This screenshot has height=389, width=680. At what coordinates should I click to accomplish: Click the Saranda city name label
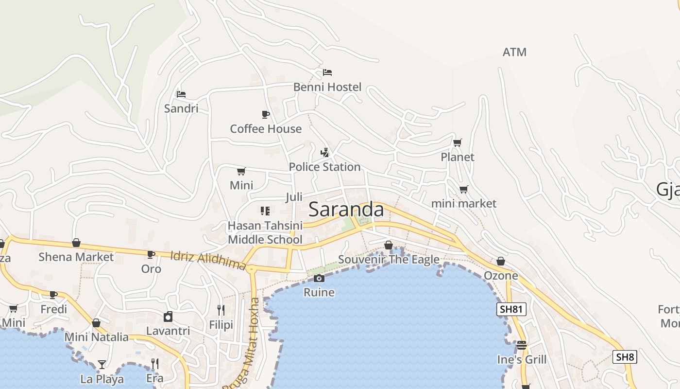click(346, 210)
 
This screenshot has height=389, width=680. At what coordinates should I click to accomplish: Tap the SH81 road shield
click(511, 309)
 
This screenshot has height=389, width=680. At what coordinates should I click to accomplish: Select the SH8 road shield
click(624, 357)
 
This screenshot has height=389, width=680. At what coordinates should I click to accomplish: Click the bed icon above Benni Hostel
click(327, 72)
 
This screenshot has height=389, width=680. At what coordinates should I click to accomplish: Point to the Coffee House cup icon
click(265, 114)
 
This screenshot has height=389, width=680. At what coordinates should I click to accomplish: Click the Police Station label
click(324, 167)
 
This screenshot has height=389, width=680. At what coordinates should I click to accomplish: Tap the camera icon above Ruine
click(319, 278)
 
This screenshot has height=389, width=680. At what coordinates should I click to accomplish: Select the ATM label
click(514, 52)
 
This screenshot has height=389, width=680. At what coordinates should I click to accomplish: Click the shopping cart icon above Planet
click(457, 142)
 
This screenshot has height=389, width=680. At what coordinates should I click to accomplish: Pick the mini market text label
click(464, 203)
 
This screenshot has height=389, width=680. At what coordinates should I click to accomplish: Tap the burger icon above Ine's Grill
click(522, 345)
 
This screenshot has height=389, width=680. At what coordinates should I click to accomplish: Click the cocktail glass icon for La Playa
click(102, 364)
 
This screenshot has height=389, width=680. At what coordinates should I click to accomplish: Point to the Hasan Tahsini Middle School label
click(265, 232)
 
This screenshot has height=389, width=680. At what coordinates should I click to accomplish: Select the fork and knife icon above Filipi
click(221, 310)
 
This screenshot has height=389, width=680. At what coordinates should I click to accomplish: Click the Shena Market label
click(76, 257)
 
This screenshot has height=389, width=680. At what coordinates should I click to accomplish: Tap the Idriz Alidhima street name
click(208, 260)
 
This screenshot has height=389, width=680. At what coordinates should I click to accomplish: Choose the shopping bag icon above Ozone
click(501, 261)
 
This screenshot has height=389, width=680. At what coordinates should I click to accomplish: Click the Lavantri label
click(168, 331)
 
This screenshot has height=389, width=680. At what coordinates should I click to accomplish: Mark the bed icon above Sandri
click(181, 94)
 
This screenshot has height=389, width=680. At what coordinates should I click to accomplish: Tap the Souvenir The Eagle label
click(389, 259)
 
